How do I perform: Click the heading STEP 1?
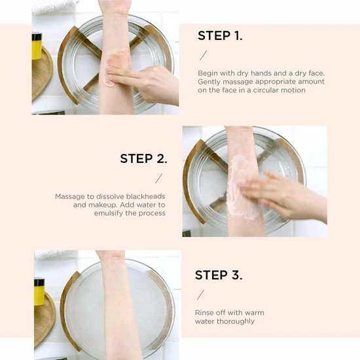pyautogui.click(x=220, y=36)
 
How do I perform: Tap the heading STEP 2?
pyautogui.click(x=144, y=158)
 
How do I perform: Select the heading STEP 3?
pyautogui.click(x=219, y=275)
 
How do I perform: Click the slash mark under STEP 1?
pyautogui.click(x=203, y=56)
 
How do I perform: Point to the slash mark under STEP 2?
pyautogui.click(x=158, y=178)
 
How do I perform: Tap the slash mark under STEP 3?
pyautogui.click(x=200, y=295)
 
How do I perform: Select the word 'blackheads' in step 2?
pyautogui.click(x=145, y=196)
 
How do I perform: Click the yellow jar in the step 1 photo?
pyautogui.click(x=37, y=46)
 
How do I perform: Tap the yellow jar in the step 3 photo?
pyautogui.click(x=39, y=293)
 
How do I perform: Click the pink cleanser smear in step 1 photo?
pyautogui.click(x=115, y=67)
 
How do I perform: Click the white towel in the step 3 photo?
pyautogui.click(x=55, y=255)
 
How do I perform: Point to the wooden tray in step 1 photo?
pyautogui.click(x=42, y=73)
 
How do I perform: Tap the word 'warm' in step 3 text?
pyautogui.click(x=255, y=313)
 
